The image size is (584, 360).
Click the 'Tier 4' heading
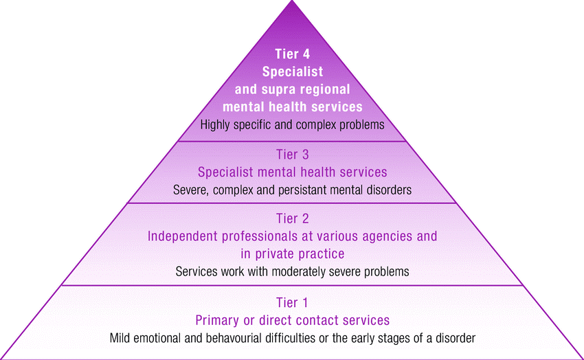pos(292,54)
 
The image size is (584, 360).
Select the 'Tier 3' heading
pos(292,155)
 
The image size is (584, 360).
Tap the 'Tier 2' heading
pos(292,219)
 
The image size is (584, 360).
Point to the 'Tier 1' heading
pos(292,303)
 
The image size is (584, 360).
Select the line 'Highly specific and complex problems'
pos(292,125)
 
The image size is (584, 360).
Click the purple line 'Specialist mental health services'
pos(292,172)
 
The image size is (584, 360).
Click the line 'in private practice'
pos(292,254)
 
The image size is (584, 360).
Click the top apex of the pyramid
pos(292,3)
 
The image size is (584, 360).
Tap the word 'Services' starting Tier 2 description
pos(197,271)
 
